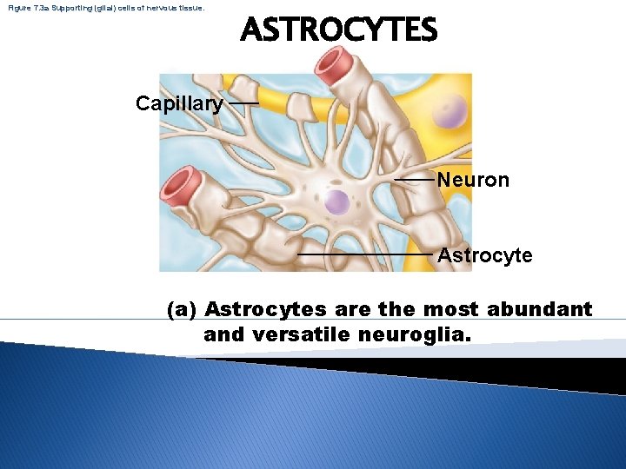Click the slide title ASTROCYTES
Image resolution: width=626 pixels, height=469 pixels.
pyautogui.click(x=339, y=31)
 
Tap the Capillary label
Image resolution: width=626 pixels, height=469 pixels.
pyautogui.click(x=179, y=104)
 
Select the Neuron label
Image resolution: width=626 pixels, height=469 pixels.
pyautogui.click(x=473, y=180)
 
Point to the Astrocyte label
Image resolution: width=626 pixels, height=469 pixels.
pyautogui.click(x=484, y=255)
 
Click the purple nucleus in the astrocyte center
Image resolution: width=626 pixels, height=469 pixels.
pyautogui.click(x=336, y=203)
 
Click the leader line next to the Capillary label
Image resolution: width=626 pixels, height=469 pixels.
pyautogui.click(x=243, y=103)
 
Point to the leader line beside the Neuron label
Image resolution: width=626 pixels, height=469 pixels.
pyautogui.click(x=415, y=180)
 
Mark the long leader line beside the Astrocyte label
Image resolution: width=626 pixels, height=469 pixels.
pyautogui.click(x=365, y=255)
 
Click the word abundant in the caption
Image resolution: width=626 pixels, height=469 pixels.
pyautogui.click(x=539, y=309)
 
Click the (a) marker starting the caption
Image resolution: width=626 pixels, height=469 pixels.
pyautogui.click(x=183, y=310)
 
